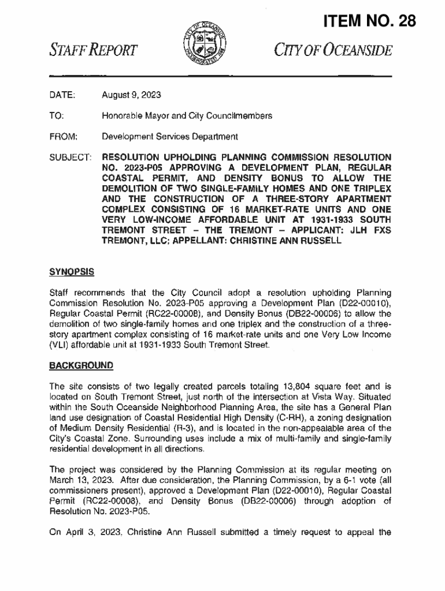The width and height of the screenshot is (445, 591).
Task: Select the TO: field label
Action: (56, 115)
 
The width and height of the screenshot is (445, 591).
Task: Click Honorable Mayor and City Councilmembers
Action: (187, 115)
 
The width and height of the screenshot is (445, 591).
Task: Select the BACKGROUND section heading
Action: (81, 365)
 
